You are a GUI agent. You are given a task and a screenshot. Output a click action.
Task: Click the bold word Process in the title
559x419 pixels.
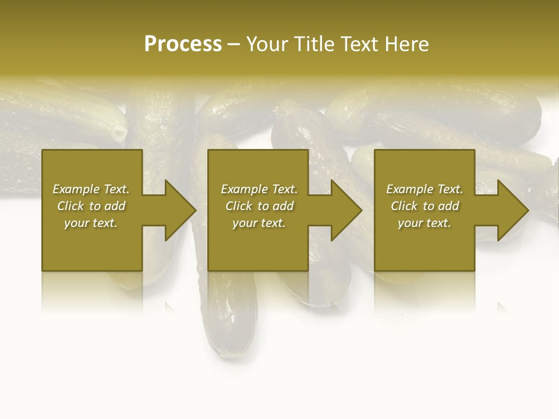tap(183, 44)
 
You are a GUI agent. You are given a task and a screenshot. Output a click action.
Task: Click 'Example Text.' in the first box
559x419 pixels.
tap(91, 189)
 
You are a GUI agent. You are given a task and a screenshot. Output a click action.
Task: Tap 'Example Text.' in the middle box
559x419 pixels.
tap(259, 189)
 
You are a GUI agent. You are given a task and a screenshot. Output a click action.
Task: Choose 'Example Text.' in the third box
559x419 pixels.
tap(424, 189)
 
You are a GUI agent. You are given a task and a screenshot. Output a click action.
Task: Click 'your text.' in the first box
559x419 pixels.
tap(91, 223)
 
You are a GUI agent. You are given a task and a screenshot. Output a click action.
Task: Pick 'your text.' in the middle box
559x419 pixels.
tap(259, 223)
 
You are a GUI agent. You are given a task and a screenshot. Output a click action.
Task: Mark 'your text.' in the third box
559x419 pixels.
tap(424, 223)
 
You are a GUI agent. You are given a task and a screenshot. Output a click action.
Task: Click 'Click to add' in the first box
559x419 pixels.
tap(91, 206)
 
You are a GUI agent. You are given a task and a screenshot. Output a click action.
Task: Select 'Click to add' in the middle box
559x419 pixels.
tap(259, 206)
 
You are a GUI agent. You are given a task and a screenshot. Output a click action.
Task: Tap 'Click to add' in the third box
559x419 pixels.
tap(424, 206)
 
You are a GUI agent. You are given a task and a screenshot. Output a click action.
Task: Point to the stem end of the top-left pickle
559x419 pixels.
tap(120, 132)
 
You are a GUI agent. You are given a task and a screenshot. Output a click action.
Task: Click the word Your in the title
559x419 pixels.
tap(268, 44)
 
